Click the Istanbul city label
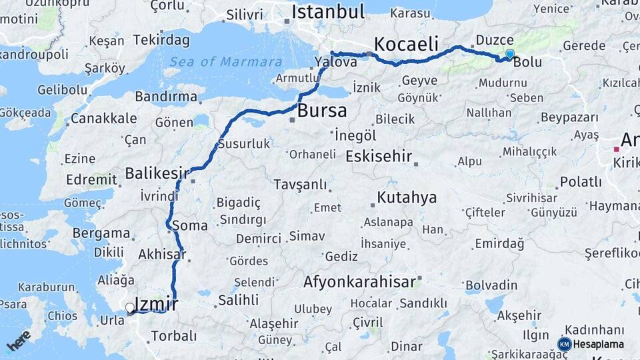tap(328, 11)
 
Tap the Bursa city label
tap(322, 110)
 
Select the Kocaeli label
tap(406, 44)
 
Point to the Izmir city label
tap(156, 305)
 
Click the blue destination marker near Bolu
tap(510, 54)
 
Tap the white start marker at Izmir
tap(130, 308)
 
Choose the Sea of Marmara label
tap(225, 62)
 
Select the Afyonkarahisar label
tap(360, 282)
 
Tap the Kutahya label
tap(407, 197)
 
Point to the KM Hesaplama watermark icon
tap(565, 344)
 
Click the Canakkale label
tap(103, 119)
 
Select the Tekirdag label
tap(162, 40)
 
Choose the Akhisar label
tap(161, 254)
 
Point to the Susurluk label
tap(243, 143)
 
